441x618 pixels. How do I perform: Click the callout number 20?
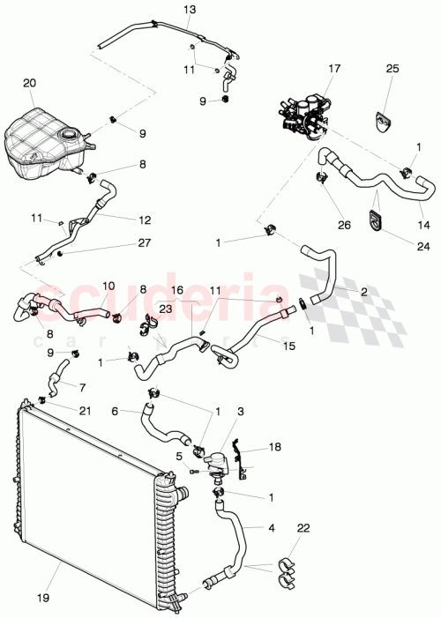coord(30,82)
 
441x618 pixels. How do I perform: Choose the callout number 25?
coord(392,68)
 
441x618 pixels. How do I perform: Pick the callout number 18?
coord(274,448)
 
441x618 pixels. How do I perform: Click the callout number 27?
coord(144,243)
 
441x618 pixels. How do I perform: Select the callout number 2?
coord(364,290)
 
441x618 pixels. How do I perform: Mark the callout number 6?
coord(115,410)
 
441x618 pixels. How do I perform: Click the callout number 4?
coord(272,529)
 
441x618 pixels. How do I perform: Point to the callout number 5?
coord(179,456)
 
